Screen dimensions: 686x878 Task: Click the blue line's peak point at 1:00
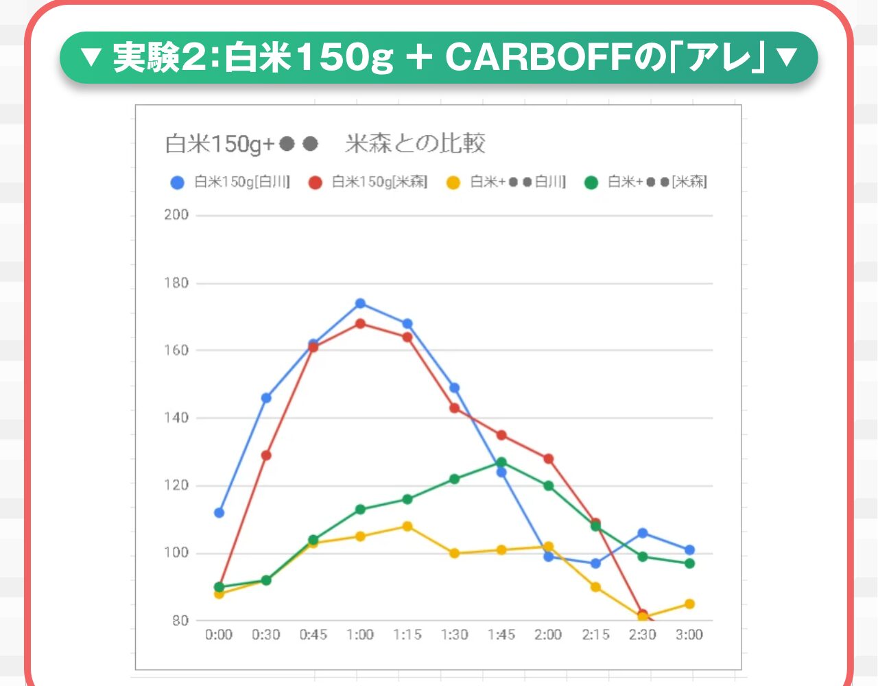click(x=360, y=303)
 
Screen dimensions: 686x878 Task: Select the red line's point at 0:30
click(x=266, y=455)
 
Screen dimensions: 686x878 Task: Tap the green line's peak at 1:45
click(x=501, y=462)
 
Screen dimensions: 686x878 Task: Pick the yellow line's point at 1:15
click(x=407, y=526)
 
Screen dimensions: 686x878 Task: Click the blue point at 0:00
click(x=219, y=512)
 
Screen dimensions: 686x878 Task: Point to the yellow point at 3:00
click(x=689, y=604)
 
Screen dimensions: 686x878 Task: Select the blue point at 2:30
click(x=643, y=533)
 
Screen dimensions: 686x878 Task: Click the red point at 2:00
click(x=548, y=458)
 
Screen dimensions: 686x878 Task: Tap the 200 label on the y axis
click(x=176, y=215)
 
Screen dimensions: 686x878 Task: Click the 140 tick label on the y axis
click(x=176, y=418)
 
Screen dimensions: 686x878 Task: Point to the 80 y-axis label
click(x=180, y=620)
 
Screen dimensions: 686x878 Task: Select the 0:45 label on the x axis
click(x=313, y=635)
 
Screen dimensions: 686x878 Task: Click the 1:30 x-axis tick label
click(x=454, y=635)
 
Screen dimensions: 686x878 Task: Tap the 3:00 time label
click(x=689, y=635)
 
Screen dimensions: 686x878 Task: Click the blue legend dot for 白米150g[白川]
click(x=178, y=182)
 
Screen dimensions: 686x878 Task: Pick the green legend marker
click(x=591, y=182)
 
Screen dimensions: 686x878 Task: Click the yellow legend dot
click(x=453, y=182)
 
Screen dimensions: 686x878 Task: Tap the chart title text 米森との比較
click(x=416, y=143)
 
